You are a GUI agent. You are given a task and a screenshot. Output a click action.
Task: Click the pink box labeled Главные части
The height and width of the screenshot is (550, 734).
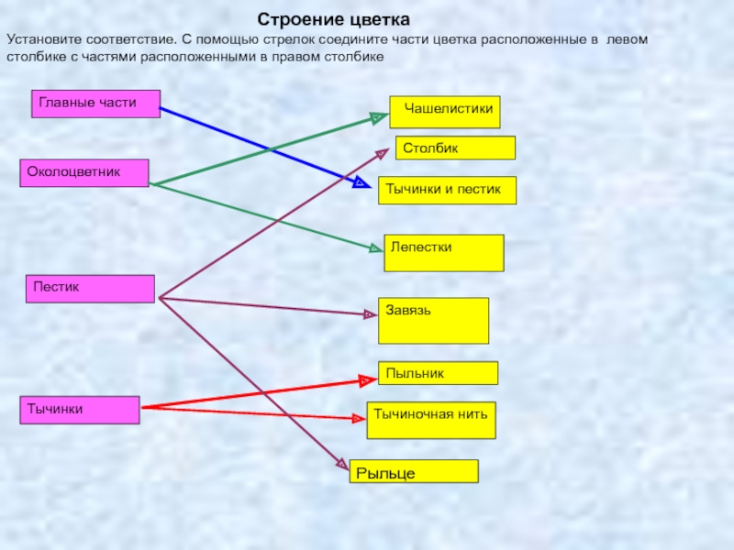(96, 104)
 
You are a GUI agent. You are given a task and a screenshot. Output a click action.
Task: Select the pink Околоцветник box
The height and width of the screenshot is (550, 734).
(84, 173)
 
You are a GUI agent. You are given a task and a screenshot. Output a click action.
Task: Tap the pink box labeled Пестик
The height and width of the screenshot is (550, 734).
(90, 289)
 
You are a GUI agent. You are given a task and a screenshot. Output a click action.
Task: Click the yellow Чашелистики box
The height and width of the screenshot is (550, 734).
(445, 111)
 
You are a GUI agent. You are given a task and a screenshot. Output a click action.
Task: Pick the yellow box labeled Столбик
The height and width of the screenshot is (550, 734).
(456, 148)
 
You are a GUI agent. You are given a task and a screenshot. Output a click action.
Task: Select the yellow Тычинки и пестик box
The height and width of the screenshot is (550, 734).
(447, 190)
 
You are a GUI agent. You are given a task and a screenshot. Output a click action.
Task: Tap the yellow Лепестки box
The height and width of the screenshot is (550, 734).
(444, 252)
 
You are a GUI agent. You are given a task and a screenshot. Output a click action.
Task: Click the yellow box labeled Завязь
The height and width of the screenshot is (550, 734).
(434, 320)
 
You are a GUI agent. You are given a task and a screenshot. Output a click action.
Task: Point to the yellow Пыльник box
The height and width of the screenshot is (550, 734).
(439, 373)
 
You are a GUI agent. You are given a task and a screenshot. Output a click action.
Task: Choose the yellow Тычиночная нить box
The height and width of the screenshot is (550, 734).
(432, 420)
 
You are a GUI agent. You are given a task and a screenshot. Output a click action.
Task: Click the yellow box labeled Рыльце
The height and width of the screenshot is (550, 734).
(414, 472)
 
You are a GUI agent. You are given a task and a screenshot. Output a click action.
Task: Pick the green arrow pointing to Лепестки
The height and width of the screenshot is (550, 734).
(266, 216)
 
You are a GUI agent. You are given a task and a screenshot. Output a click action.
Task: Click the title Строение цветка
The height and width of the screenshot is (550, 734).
(333, 19)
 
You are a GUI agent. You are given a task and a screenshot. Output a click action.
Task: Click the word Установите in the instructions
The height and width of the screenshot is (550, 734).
(44, 40)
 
